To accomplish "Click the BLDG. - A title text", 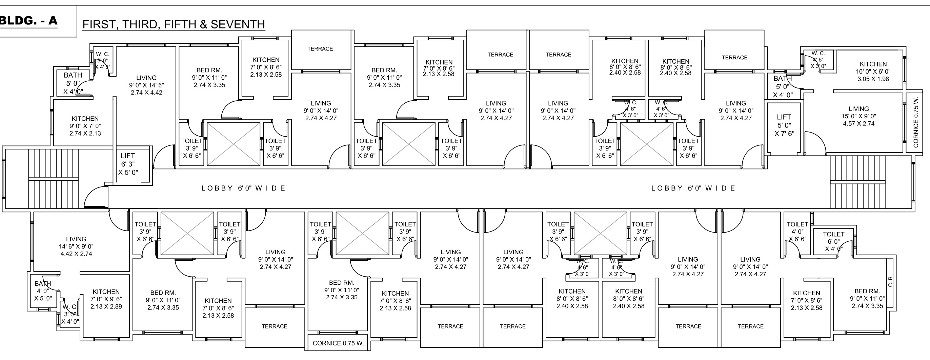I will (29, 21).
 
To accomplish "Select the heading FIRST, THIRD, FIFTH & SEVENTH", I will (174, 24).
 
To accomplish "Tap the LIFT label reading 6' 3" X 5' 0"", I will (128, 164).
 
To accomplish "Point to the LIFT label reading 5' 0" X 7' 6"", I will (784, 125).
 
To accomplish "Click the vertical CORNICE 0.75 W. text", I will (915, 122).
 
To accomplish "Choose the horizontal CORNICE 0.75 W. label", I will (338, 343).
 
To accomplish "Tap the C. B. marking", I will (890, 281).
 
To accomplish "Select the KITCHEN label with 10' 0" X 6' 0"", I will (873, 71).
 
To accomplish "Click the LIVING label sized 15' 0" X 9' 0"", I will (858, 116).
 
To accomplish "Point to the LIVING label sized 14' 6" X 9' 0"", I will (76, 246).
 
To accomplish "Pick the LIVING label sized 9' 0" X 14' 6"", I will (146, 85).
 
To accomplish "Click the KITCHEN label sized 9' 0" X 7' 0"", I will (85, 126).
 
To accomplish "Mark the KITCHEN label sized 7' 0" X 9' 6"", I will (106, 299).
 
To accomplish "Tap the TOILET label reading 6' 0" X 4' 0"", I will (834, 241).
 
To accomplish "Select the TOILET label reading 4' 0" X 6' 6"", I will (797, 232).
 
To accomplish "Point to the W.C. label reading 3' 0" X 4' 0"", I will (70, 314).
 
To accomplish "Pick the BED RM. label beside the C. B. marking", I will (867, 298).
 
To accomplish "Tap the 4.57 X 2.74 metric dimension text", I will (858, 123).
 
